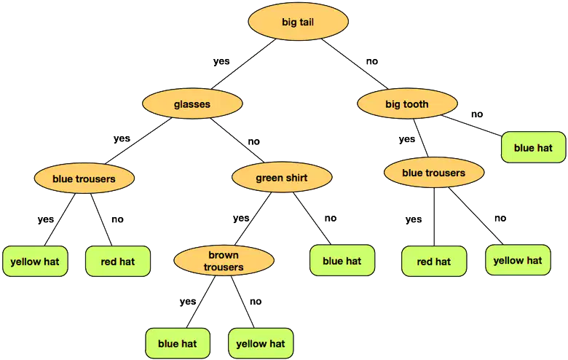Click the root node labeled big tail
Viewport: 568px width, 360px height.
298,22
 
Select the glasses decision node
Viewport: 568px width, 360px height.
192,103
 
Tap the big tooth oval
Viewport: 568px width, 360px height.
407,103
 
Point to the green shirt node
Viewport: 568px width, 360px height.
282,177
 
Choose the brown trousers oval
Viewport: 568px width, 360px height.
224,261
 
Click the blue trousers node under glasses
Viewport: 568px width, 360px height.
84,178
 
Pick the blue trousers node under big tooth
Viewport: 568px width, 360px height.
433,172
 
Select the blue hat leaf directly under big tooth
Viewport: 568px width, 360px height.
533,147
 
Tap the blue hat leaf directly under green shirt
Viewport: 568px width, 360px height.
342,260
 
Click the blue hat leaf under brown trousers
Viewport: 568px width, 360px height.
178,343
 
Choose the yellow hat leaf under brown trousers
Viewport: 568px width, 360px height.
261,343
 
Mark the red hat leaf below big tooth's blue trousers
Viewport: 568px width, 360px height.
434,261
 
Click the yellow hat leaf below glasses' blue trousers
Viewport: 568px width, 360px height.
35,261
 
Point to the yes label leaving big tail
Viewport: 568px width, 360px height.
221,61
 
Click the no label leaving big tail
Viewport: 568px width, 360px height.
372,61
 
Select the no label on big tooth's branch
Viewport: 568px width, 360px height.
477,114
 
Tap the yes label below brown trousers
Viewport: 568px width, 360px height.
188,301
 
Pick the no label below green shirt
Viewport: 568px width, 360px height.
331,218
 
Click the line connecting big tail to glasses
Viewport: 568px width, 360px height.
243,64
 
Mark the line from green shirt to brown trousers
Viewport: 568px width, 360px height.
253,219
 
